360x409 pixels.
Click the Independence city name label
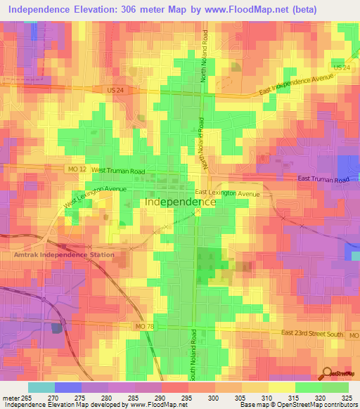tap(179, 201)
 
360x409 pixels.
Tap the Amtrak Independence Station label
tap(53, 254)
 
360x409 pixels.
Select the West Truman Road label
tap(117, 171)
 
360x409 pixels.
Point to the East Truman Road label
tap(323, 181)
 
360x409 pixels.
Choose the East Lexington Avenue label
tap(228, 193)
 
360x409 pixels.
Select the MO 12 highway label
tap(77, 170)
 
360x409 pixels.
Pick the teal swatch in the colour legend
tap(41, 387)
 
